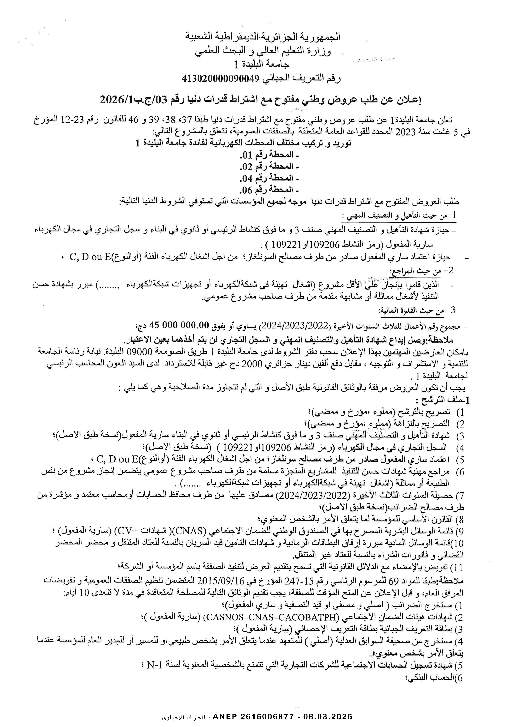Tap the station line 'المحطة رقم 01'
pos(269,155)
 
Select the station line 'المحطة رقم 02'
pos(269,167)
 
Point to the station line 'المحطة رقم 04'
pos(269,178)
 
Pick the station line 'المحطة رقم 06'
pos(269,190)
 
